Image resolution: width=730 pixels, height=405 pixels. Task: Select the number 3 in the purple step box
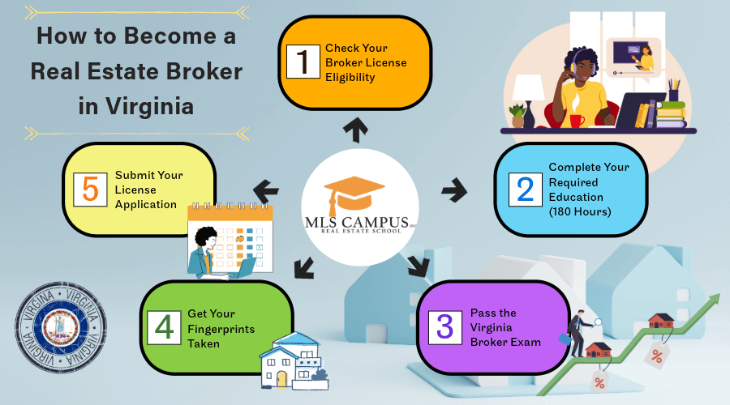pos(444,326)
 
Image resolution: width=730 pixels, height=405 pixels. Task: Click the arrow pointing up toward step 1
pos(354,126)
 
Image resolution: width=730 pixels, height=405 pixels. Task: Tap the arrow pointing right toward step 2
pos(454,191)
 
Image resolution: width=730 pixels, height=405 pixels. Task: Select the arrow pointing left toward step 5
pos(265,191)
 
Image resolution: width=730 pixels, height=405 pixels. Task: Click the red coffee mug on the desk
pos(577,121)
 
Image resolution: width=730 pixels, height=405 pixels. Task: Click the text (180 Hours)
pos(581,211)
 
